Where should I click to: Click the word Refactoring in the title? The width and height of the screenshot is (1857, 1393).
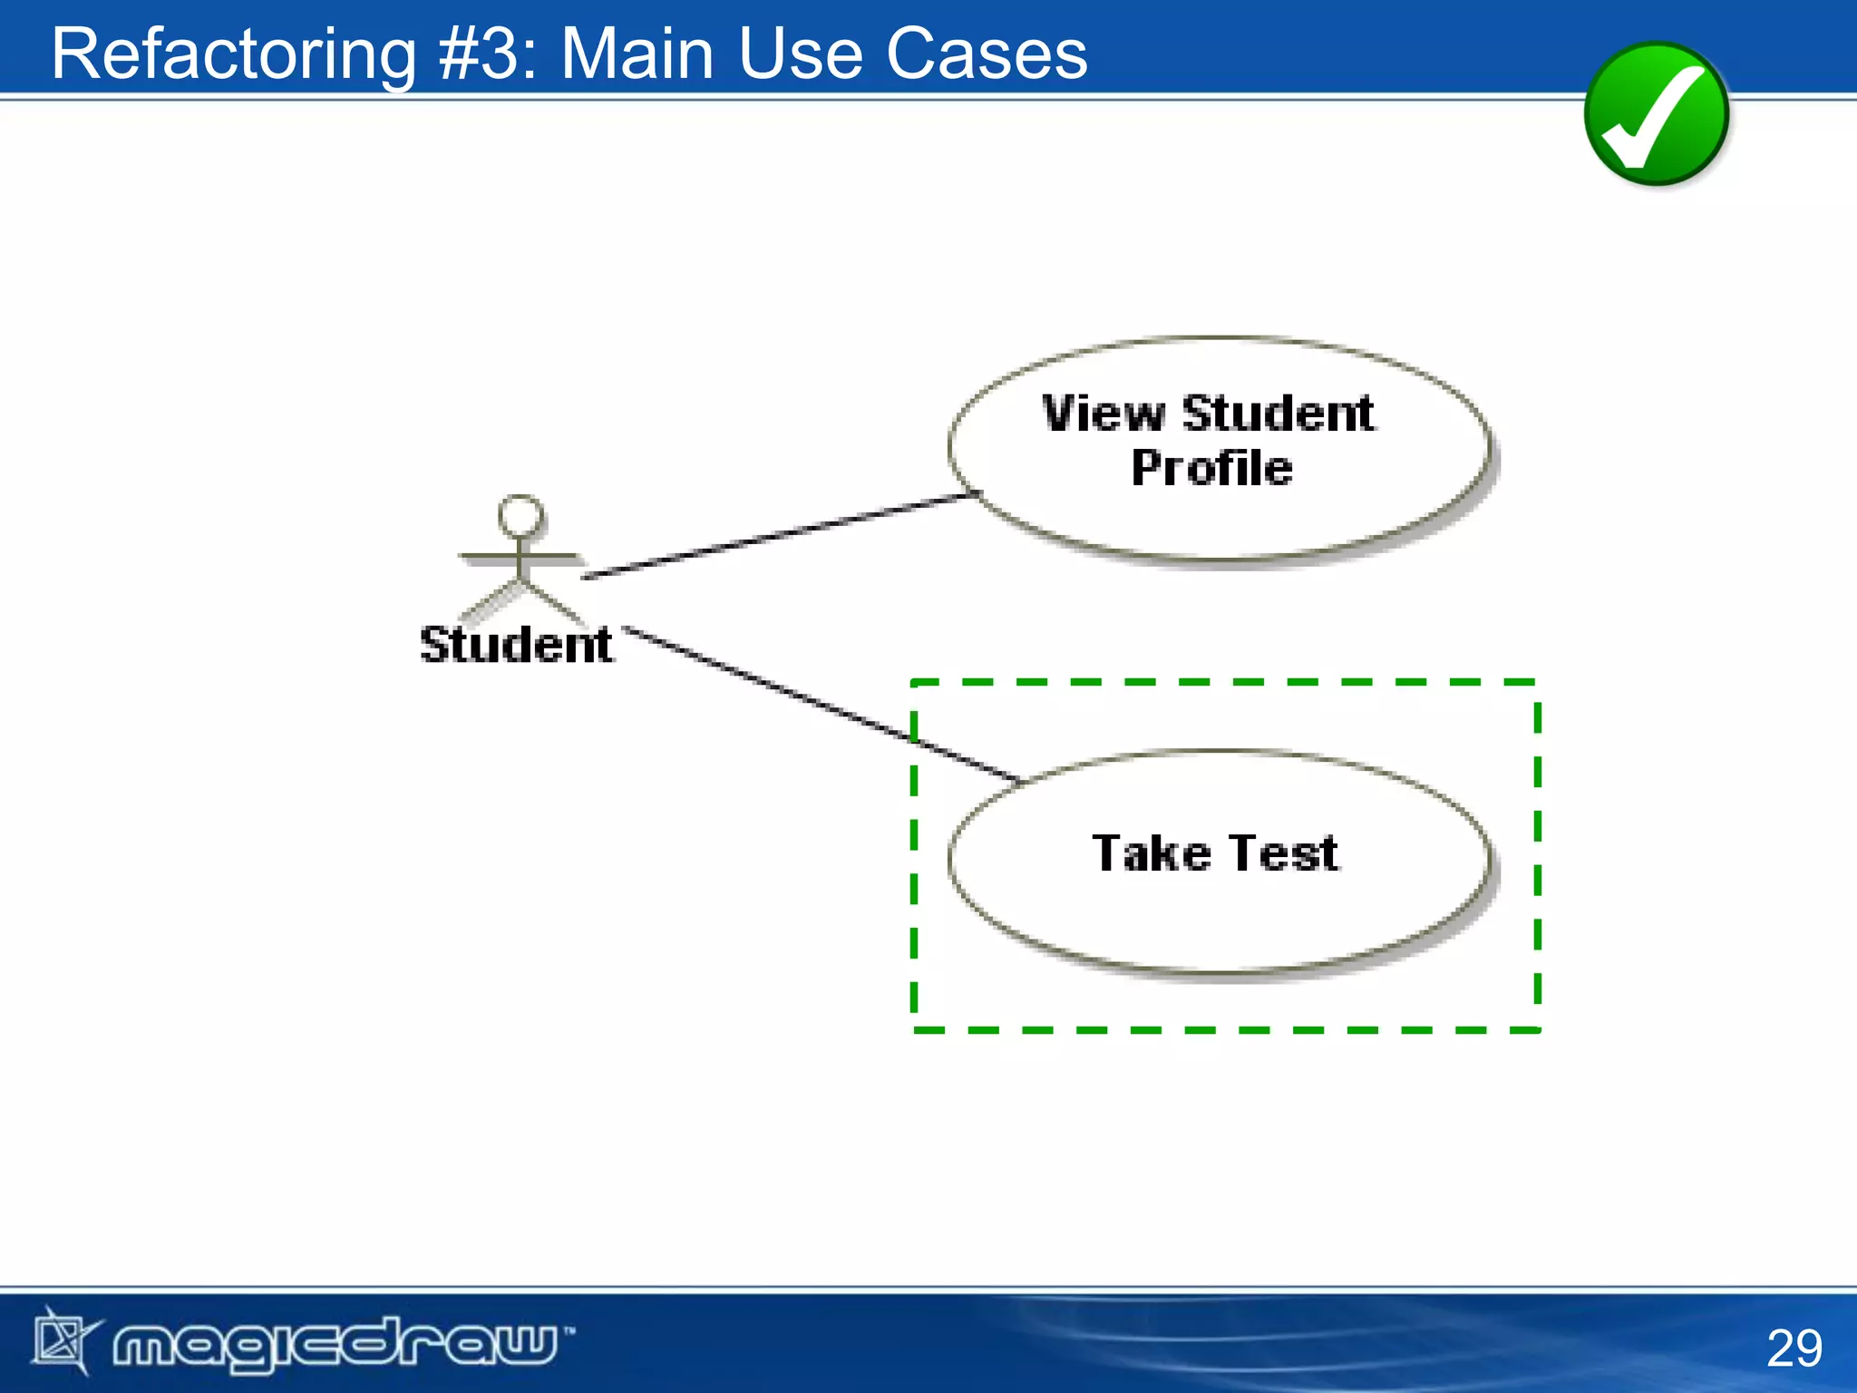pos(233,54)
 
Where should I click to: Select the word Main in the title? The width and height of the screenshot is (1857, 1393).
pos(637,54)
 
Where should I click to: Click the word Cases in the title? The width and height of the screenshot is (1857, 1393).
pos(986,54)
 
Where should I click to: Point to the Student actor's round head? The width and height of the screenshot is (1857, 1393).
pos(521,516)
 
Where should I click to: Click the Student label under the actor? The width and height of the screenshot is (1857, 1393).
pos(515,646)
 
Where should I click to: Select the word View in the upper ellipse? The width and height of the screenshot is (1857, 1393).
pos(1103,414)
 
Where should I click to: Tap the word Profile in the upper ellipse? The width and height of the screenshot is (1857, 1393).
pos(1211,469)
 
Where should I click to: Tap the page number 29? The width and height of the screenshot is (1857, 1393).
pos(1794,1348)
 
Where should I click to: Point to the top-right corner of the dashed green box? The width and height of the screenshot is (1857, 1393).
pos(1538,682)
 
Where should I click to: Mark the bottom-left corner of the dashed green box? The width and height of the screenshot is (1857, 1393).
pos(914,1029)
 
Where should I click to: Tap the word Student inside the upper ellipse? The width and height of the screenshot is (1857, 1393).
pos(1279,414)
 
